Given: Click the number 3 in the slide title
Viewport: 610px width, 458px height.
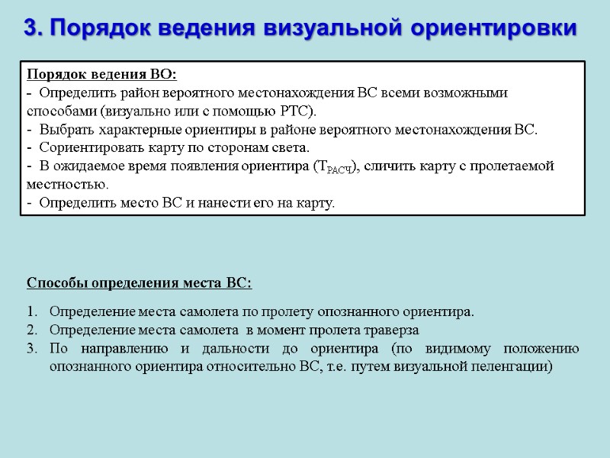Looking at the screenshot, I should pyautogui.click(x=30, y=28).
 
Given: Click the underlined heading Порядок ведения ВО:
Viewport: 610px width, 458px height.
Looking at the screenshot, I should pyautogui.click(x=101, y=74).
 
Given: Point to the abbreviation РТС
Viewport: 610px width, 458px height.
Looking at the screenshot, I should pyautogui.click(x=297, y=111).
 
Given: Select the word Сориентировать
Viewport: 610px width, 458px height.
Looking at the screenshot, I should pyautogui.click(x=85, y=147).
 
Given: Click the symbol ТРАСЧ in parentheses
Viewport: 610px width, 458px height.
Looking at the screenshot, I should pyautogui.click(x=334, y=167).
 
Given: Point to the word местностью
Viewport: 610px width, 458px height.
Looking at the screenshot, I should pyautogui.click(x=67, y=184).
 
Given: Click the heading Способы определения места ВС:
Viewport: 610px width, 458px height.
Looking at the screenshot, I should pyautogui.click(x=139, y=283).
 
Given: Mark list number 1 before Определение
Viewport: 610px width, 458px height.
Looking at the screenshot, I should pyautogui.click(x=30, y=312).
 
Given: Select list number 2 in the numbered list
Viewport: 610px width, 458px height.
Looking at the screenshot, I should pyautogui.click(x=30, y=331).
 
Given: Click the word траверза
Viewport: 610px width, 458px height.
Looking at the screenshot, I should pyautogui.click(x=390, y=331).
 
